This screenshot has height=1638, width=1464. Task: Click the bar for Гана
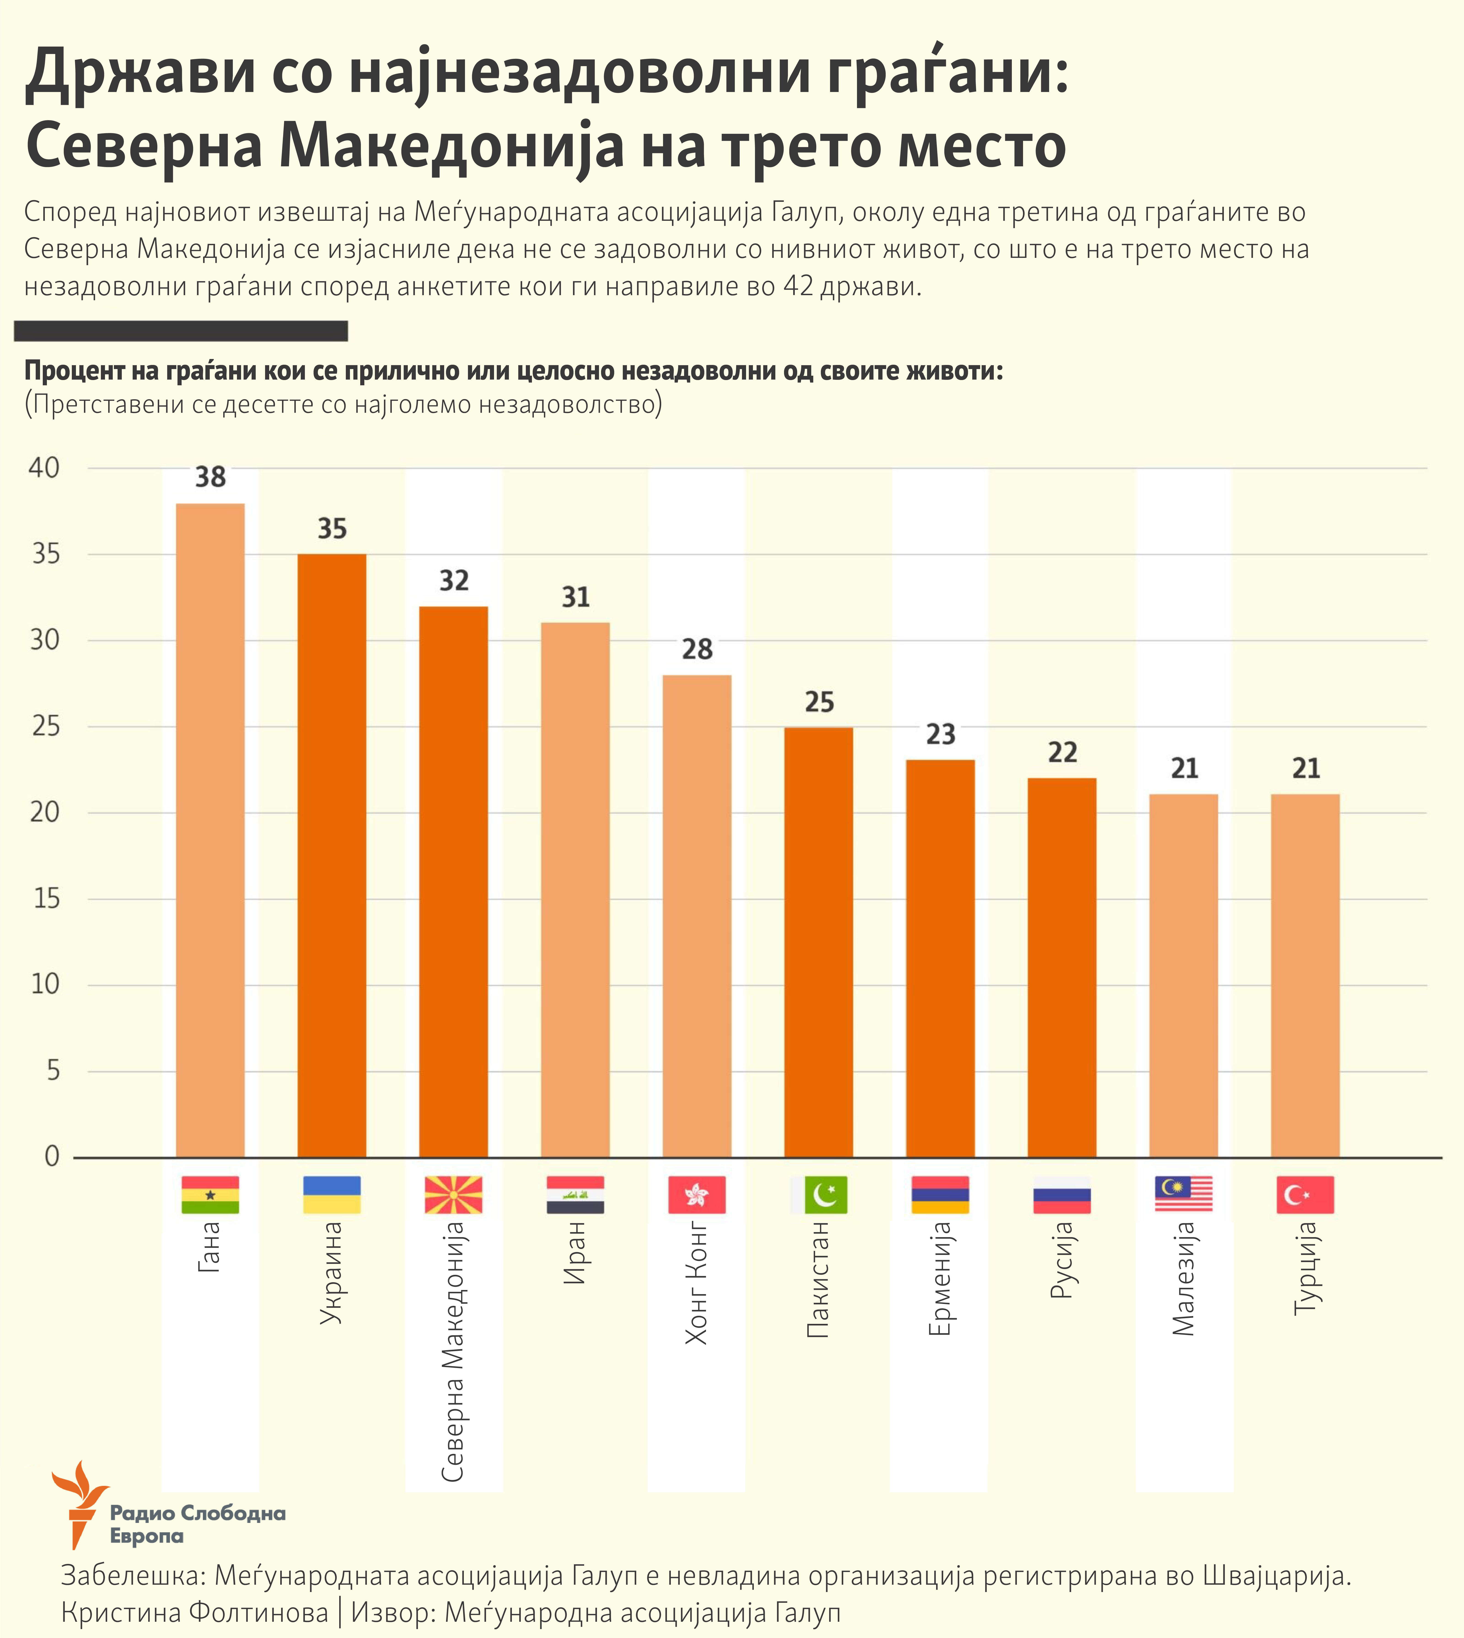(210, 830)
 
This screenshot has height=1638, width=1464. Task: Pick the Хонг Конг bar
(697, 916)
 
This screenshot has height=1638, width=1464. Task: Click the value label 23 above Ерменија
(940, 734)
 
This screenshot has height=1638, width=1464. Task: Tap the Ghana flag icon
(210, 1195)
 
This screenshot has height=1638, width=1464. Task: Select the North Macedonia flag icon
(454, 1195)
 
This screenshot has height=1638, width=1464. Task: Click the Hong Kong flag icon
(697, 1195)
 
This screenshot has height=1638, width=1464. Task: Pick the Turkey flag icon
(1305, 1195)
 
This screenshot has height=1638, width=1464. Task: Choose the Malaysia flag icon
(1183, 1195)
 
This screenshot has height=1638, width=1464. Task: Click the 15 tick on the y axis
(47, 899)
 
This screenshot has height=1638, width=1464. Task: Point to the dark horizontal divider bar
(181, 331)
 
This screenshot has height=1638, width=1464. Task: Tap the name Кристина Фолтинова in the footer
(195, 1613)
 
